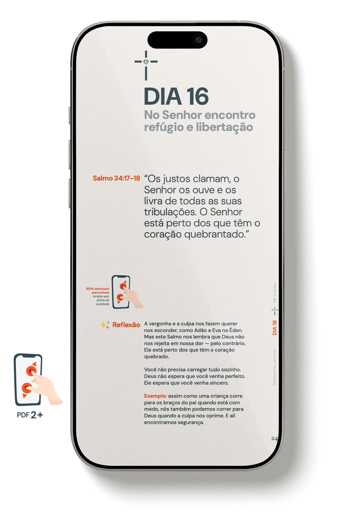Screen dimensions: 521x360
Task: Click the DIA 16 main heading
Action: tap(176, 97)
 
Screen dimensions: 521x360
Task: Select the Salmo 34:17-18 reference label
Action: tap(116, 178)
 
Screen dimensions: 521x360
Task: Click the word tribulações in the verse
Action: tap(170, 212)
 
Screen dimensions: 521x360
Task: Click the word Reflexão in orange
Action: tap(126, 325)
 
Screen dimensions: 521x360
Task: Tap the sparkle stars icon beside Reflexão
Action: tap(105, 325)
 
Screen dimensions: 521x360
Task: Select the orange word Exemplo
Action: tap(155, 396)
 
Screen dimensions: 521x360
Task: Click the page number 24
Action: tap(274, 439)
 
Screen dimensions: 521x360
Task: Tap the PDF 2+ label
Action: tap(30, 415)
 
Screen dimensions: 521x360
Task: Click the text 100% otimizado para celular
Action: tap(97, 291)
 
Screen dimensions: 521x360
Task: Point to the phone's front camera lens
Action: tap(198, 40)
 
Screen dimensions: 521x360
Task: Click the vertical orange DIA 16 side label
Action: tap(275, 328)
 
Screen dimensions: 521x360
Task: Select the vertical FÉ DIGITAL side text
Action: tap(275, 292)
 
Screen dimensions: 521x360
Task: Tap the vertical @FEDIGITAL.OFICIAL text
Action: tap(275, 367)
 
